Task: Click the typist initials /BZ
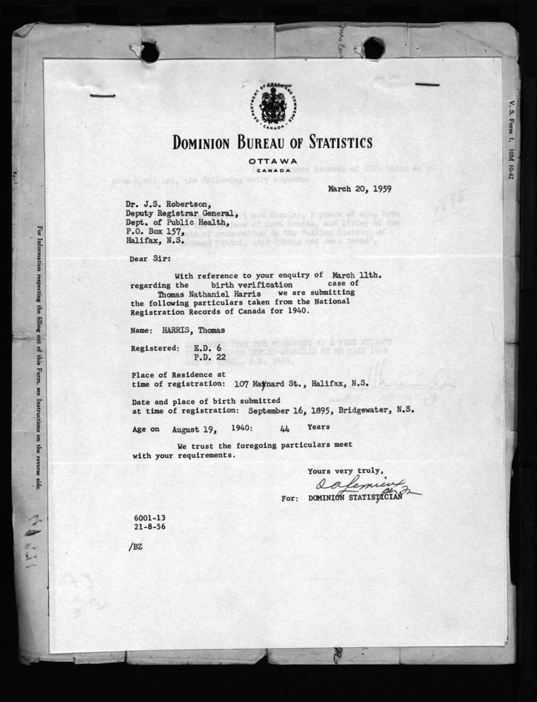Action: tap(137, 546)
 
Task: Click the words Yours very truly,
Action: tap(345, 470)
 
